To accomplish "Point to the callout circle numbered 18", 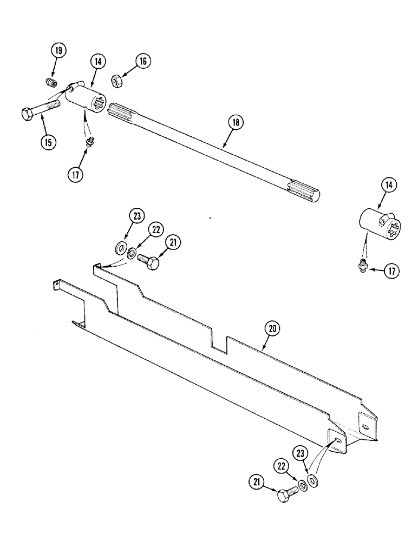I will coord(236,123).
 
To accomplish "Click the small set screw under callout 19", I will coord(50,83).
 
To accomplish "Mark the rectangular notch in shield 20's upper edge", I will coord(219,343).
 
